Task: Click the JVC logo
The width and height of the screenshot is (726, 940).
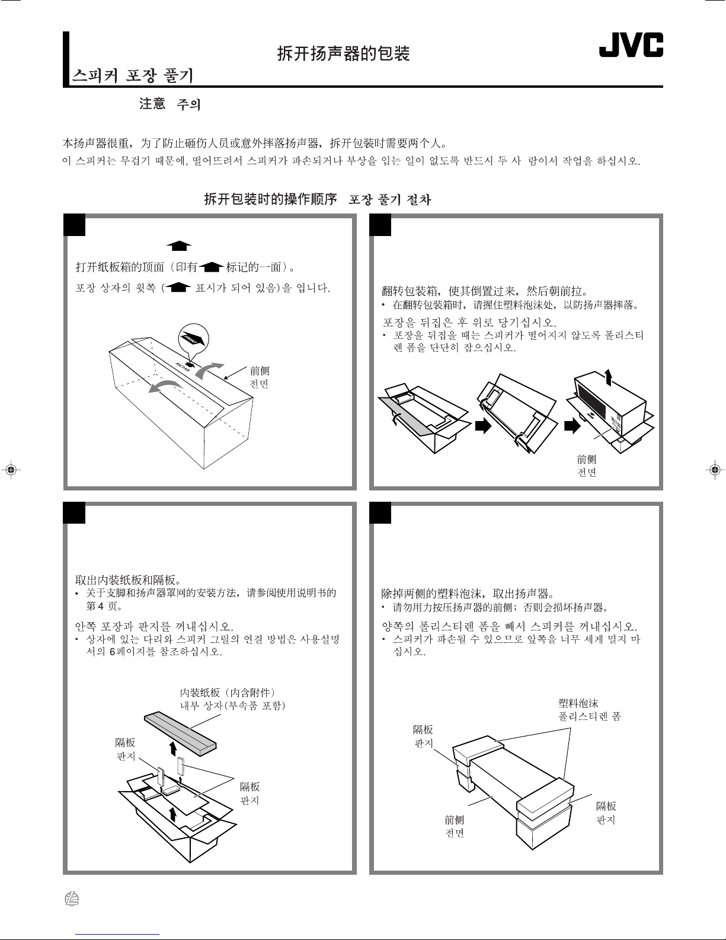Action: [631, 45]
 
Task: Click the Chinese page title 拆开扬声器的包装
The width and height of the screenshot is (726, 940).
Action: [343, 53]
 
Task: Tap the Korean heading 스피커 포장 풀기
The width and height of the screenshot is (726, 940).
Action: [132, 76]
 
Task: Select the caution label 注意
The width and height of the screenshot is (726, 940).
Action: [152, 104]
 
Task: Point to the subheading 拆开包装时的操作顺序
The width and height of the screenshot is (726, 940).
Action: [270, 199]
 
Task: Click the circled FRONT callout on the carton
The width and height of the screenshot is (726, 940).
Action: [194, 339]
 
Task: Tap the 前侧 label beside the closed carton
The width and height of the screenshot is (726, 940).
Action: [260, 371]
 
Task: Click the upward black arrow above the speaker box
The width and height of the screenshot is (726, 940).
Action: [609, 377]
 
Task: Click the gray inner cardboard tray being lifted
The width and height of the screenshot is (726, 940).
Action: [180, 734]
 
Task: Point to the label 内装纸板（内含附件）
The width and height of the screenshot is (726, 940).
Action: [228, 693]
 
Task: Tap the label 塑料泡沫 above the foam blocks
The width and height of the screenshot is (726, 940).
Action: [578, 703]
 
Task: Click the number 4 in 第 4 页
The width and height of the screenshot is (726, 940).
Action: [101, 606]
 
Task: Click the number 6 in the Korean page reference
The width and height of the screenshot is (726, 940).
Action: [113, 651]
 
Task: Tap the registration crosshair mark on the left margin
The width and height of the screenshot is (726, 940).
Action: [11, 469]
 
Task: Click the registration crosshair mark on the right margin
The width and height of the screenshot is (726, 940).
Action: [715, 469]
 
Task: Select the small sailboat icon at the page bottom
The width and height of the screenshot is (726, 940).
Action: [72, 899]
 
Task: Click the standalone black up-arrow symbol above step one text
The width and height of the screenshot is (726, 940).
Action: [179, 246]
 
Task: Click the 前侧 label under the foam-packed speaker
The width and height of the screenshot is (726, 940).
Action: [455, 820]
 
